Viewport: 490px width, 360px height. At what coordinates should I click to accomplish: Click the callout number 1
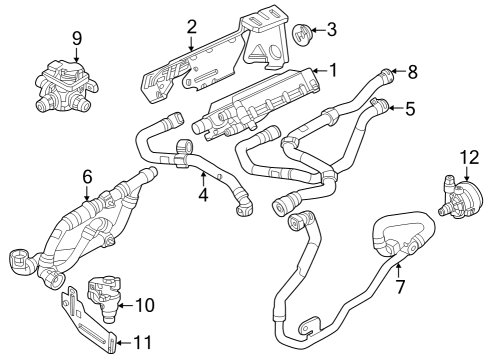(x=334, y=70)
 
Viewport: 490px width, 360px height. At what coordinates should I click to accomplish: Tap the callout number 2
(x=191, y=27)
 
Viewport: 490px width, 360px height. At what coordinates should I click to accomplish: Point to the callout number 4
(x=202, y=195)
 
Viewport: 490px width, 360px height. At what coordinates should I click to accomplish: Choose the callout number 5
(x=410, y=109)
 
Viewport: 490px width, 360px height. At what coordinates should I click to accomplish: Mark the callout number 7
(x=399, y=286)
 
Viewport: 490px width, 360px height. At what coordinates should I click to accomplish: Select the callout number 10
(x=144, y=304)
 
